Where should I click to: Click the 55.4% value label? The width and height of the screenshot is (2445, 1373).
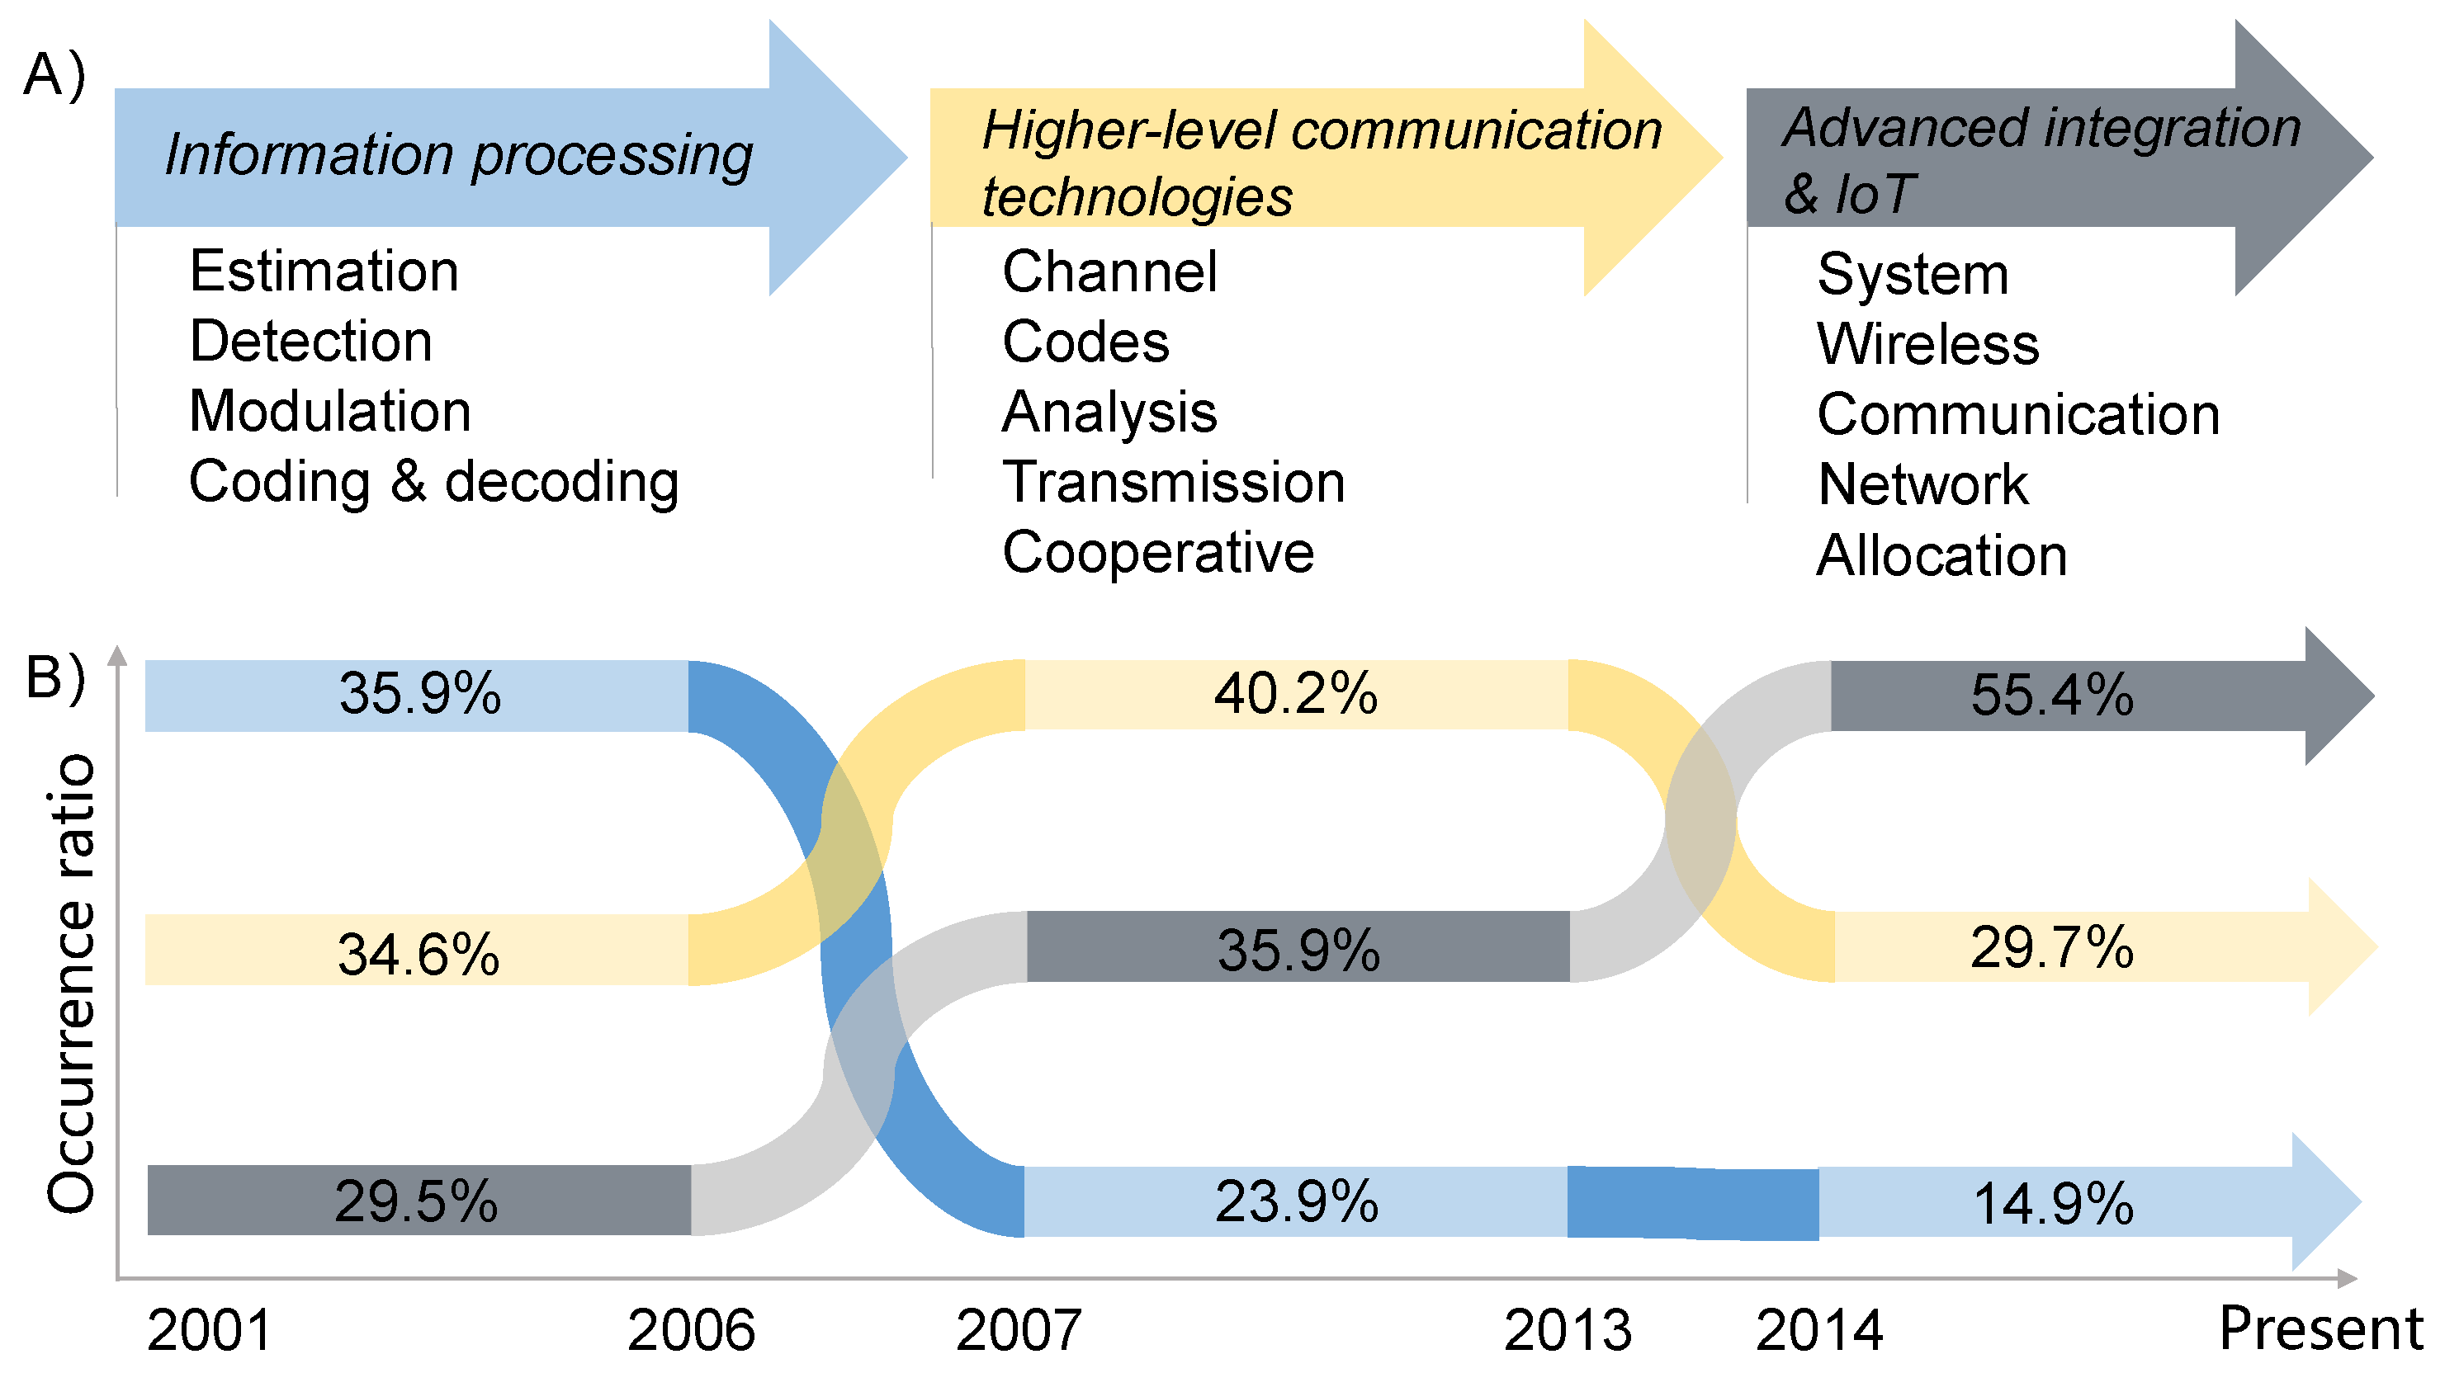coord(2051,695)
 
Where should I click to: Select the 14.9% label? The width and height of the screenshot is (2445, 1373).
coord(2053,1203)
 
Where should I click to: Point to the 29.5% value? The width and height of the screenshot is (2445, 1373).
coord(416,1201)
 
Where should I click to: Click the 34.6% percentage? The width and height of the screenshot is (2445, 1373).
coord(419,954)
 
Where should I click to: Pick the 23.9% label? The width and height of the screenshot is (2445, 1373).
coord(1297,1201)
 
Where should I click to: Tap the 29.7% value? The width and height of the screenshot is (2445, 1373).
coord(2051,947)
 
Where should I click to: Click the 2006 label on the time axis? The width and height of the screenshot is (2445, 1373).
coord(690,1330)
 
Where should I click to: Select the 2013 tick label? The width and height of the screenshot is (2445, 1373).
coord(1567,1330)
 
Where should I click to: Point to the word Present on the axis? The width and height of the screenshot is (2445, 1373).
coord(2320,1328)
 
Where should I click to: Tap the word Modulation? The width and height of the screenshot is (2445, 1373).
coord(329,412)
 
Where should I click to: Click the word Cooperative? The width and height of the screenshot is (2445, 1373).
coord(1158,552)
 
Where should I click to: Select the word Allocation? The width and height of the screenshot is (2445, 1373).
coord(1941,555)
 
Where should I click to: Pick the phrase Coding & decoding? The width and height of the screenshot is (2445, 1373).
coord(433,482)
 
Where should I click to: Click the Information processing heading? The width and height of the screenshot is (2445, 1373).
coord(458,154)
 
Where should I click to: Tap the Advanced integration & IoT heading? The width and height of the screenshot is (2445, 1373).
coord(2041,159)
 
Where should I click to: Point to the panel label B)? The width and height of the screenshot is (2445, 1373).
coord(55,677)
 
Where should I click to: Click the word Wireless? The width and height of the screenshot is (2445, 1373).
coord(1927,343)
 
